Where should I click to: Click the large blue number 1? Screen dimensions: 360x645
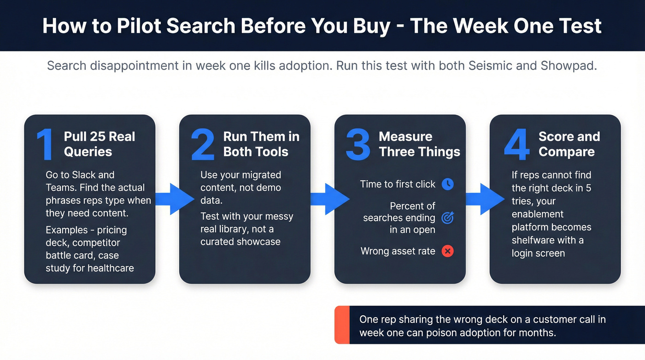click(45, 145)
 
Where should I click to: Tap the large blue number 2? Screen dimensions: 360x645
click(203, 145)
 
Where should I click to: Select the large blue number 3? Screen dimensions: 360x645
click(358, 145)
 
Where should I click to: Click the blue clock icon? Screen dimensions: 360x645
click(447, 184)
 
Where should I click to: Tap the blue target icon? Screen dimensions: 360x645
click(447, 218)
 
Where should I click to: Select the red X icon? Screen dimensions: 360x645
click(447, 251)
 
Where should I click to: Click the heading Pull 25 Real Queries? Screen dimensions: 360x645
click(99, 144)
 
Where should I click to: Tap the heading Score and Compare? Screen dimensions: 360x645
click(569, 144)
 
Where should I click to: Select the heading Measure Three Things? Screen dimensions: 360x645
click(419, 144)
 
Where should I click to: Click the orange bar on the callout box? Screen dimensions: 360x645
click(342, 325)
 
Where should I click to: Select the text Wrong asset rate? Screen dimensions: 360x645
click(398, 251)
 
